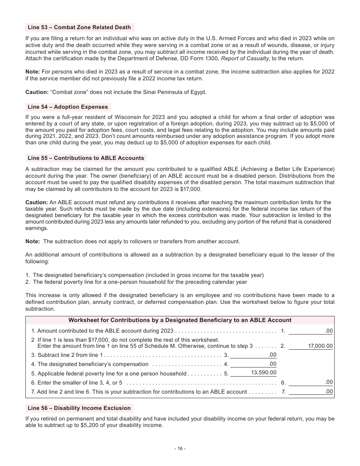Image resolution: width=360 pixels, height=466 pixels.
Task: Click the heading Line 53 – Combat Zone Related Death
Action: click(79, 27)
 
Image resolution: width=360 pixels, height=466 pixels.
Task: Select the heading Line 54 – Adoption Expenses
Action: click(68, 107)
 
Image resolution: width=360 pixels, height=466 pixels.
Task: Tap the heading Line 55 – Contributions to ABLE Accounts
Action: click(86, 158)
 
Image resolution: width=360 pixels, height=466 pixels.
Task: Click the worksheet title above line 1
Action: click(180, 320)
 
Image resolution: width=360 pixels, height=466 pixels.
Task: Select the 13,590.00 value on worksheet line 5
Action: click(263, 373)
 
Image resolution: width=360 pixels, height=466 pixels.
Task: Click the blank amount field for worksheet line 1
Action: click(311, 331)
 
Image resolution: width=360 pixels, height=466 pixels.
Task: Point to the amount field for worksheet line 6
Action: click(311, 383)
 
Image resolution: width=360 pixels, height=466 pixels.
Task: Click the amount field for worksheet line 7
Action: click(311, 392)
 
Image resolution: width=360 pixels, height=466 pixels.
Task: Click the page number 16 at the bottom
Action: click(180, 449)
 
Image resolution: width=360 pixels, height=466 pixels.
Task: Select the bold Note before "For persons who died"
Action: click(32, 72)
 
